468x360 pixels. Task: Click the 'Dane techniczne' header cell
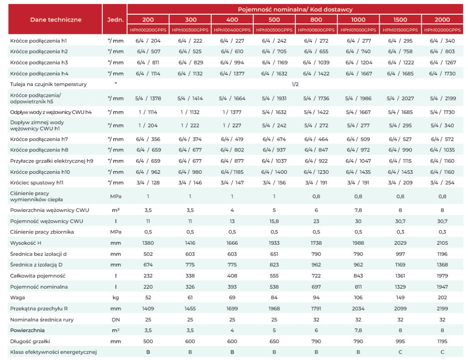click(x=55, y=20)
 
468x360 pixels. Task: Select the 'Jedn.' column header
click(x=115, y=20)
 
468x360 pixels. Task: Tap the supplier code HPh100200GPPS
click(x=148, y=30)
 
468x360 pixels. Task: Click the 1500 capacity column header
click(x=400, y=20)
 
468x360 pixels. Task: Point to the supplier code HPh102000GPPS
click(x=442, y=30)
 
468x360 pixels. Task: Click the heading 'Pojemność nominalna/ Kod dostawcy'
click(x=295, y=9)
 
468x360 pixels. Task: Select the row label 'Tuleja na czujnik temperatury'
click(x=48, y=84)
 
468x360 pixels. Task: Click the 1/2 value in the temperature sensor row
click(x=295, y=84)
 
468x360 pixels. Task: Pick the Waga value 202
click(x=442, y=297)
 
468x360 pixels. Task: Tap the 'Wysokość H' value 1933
click(x=274, y=243)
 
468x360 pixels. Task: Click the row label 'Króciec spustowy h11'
click(x=37, y=183)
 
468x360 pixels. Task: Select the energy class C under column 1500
click(x=400, y=352)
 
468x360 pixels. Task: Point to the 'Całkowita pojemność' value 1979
click(x=442, y=276)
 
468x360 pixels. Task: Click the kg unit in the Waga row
click(x=116, y=297)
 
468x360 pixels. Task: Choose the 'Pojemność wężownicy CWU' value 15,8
click(x=274, y=221)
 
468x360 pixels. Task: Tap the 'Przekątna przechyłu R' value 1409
click(x=148, y=309)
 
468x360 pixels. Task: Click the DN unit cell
click(x=116, y=320)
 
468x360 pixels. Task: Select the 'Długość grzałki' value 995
click(x=400, y=341)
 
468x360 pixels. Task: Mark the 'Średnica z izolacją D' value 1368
click(x=442, y=265)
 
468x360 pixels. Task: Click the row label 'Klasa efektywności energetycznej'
click(x=53, y=352)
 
